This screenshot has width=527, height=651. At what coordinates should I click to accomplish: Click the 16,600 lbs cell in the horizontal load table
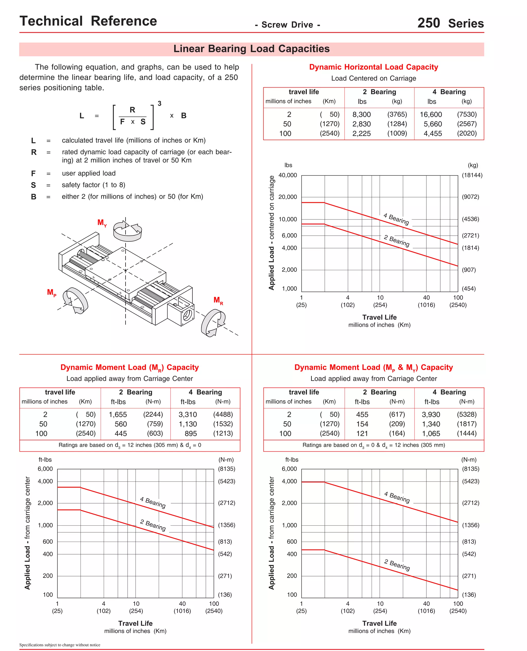[431, 115]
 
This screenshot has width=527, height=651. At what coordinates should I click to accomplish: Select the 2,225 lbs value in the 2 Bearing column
[361, 134]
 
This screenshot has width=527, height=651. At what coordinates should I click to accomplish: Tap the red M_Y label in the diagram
[102, 223]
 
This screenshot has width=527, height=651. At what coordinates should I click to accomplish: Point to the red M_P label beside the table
[51, 292]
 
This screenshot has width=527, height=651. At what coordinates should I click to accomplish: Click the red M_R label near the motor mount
[218, 301]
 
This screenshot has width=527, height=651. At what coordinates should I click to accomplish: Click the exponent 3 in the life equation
[159, 103]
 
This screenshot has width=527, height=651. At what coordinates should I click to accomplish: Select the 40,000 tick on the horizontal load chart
[287, 175]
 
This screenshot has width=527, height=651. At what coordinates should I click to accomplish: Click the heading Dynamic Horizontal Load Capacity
[373, 67]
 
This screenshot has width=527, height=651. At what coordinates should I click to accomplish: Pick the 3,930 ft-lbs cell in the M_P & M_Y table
[431, 415]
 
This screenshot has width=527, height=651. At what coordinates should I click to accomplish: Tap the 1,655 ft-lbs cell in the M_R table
[118, 415]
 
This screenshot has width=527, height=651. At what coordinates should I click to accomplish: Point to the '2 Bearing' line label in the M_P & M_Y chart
[397, 565]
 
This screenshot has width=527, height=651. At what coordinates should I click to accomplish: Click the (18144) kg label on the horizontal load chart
[472, 175]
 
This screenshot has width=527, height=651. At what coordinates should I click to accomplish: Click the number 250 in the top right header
[428, 23]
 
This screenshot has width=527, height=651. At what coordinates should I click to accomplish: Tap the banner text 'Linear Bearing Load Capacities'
[251, 49]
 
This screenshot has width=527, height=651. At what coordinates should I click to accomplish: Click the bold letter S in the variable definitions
[33, 185]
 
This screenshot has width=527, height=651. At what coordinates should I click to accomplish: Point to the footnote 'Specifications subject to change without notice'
[60, 645]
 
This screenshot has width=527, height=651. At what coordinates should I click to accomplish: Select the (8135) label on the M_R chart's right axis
[226, 469]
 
